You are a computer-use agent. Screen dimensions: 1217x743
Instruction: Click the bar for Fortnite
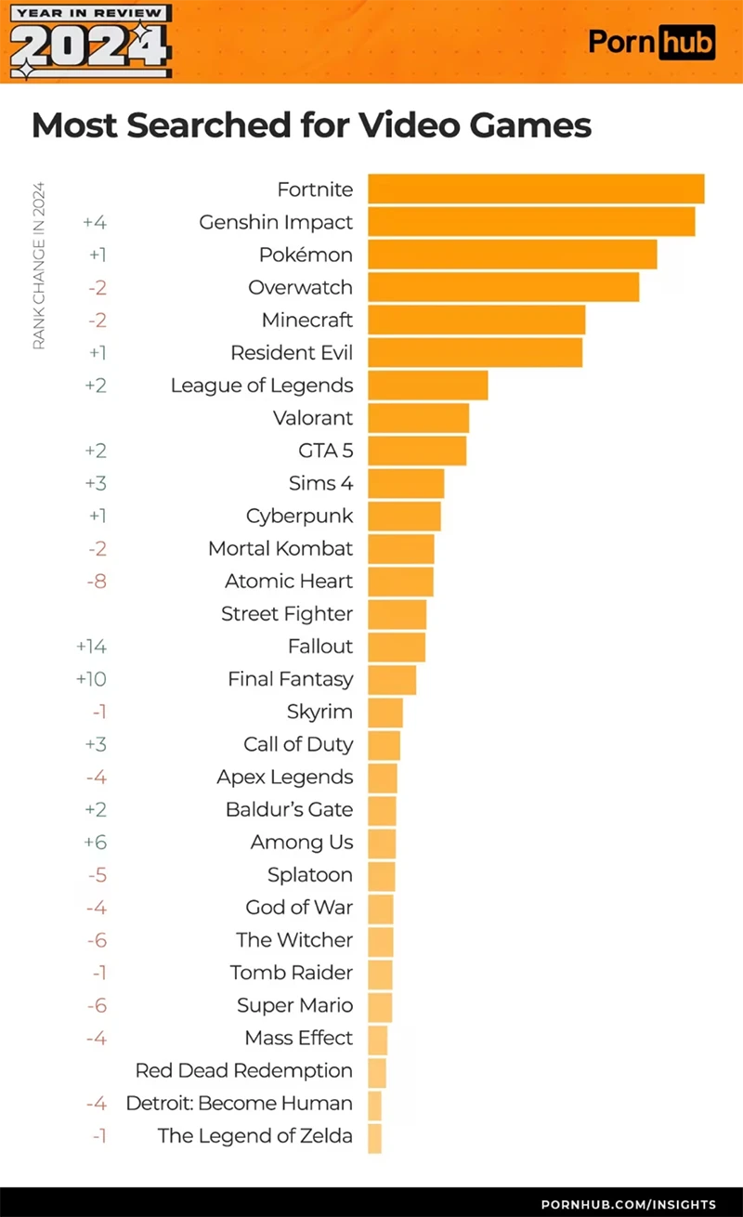[x=536, y=189]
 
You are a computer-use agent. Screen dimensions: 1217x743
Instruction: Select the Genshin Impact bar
[x=531, y=222]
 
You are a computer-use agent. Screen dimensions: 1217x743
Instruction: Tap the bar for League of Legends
[x=427, y=385]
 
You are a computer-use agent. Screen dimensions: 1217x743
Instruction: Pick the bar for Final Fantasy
[x=392, y=679]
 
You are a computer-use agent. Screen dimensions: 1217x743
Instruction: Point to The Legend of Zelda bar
[x=374, y=1137]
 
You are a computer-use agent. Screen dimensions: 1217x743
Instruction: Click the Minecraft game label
[x=307, y=320]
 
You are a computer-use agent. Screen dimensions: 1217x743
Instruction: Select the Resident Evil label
[x=292, y=352]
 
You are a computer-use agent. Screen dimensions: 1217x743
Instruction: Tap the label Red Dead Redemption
[x=244, y=1070]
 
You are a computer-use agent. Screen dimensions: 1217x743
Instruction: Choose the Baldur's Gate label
[x=289, y=809]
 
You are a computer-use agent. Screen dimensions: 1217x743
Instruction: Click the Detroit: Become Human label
[x=240, y=1103]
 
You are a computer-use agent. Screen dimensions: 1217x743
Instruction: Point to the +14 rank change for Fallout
[x=91, y=646]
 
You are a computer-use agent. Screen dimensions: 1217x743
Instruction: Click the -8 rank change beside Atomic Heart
[x=97, y=581]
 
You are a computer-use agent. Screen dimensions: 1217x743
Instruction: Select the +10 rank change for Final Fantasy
[x=91, y=679]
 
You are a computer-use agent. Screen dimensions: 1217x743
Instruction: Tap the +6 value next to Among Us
[x=96, y=842]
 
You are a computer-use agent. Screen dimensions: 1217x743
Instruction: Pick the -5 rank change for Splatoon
[x=97, y=874]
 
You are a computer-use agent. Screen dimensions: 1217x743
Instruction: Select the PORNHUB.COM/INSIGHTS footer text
[x=628, y=1204]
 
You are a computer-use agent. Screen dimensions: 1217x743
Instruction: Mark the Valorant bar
[x=418, y=417]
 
